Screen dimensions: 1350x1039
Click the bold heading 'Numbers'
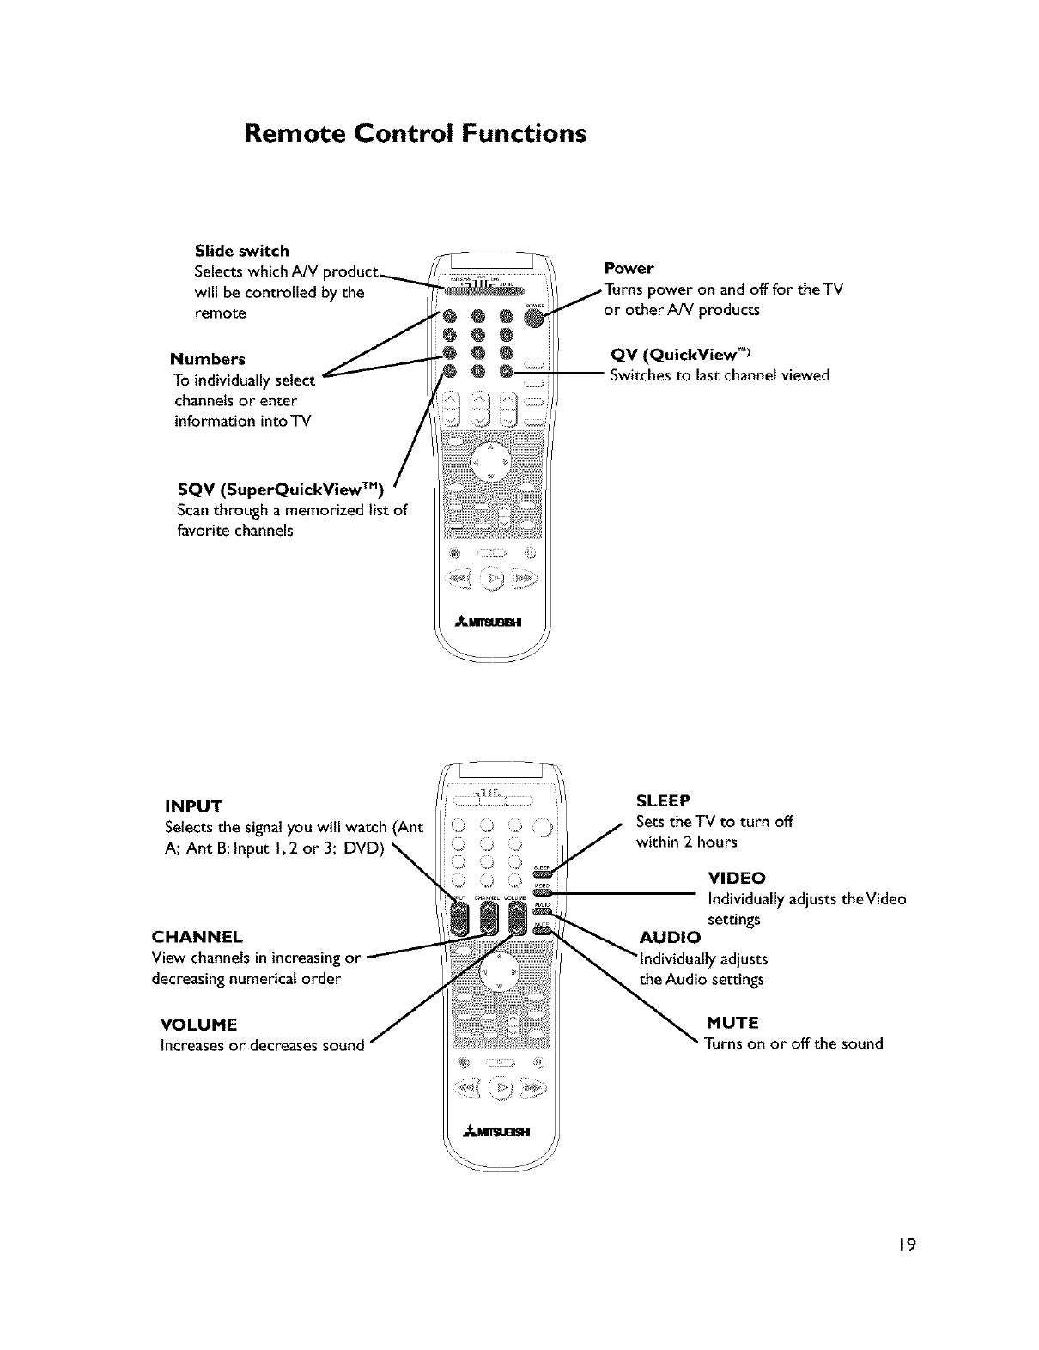pos(207,359)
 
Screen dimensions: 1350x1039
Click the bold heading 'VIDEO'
pos(736,879)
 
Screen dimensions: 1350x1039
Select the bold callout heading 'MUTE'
pos(732,1023)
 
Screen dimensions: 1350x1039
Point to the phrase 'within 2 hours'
pos(686,842)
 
